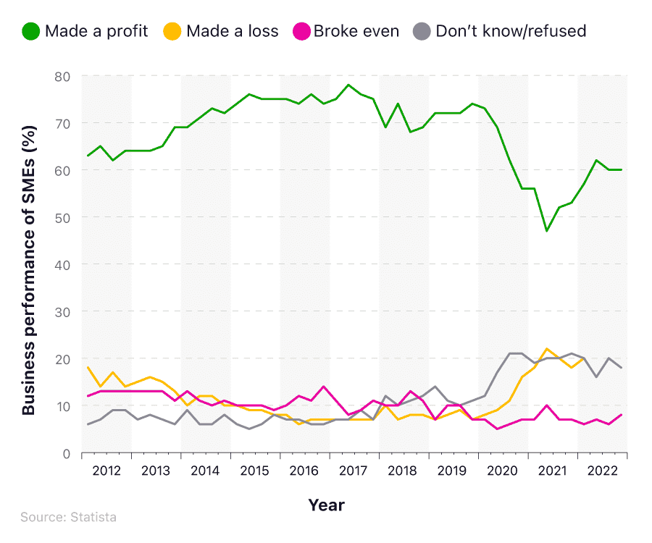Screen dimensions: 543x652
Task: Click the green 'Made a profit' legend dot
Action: point(30,31)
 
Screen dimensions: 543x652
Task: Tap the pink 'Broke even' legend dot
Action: point(299,31)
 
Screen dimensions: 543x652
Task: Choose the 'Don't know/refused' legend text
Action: point(511,31)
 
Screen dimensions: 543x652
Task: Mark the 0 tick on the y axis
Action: point(65,453)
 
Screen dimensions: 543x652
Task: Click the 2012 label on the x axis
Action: point(106,471)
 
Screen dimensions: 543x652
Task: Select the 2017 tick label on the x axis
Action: point(354,471)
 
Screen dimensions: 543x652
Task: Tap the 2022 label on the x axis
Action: point(602,471)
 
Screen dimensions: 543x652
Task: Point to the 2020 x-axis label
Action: point(503,471)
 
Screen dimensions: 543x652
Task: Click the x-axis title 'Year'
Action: point(326,505)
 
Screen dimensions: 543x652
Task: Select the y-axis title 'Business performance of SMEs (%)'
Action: point(28,264)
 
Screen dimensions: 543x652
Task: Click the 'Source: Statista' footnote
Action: point(68,517)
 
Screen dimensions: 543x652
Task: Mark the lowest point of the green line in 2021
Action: point(547,231)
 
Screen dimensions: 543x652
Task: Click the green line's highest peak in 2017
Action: point(348,85)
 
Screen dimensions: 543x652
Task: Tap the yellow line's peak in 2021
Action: point(547,349)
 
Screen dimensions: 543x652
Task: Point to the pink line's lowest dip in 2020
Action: point(498,429)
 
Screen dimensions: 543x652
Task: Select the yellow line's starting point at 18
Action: point(88,368)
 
